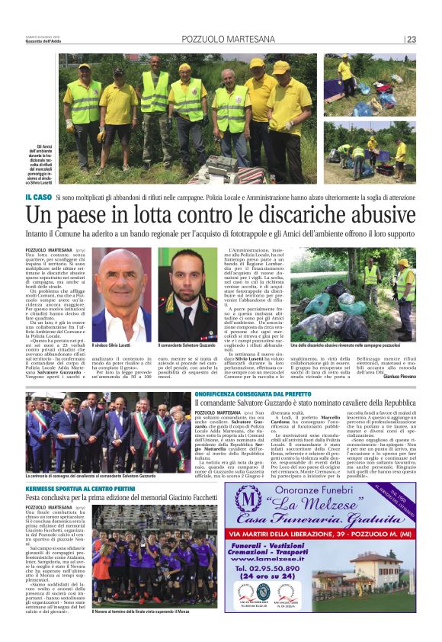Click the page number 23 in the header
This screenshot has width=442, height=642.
pyautogui.click(x=412, y=39)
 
